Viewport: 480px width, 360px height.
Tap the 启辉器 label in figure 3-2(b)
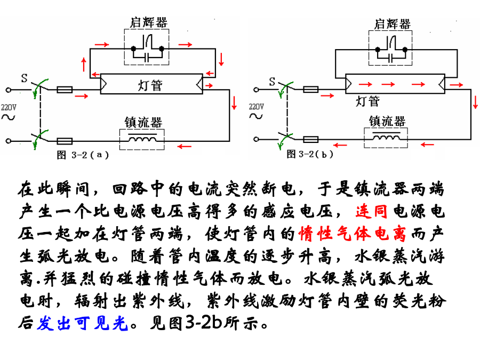click(x=392, y=23)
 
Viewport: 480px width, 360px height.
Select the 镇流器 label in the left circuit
click(x=142, y=123)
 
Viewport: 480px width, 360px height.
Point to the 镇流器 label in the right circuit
click(x=387, y=121)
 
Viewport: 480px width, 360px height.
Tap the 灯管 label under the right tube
click(x=367, y=101)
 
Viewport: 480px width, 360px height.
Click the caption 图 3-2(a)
click(x=83, y=155)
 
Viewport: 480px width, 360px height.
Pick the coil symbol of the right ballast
click(x=386, y=138)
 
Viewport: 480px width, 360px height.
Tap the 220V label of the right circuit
click(x=256, y=106)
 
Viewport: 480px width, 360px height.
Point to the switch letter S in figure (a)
click(x=25, y=78)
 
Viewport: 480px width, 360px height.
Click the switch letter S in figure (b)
click(x=272, y=82)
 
